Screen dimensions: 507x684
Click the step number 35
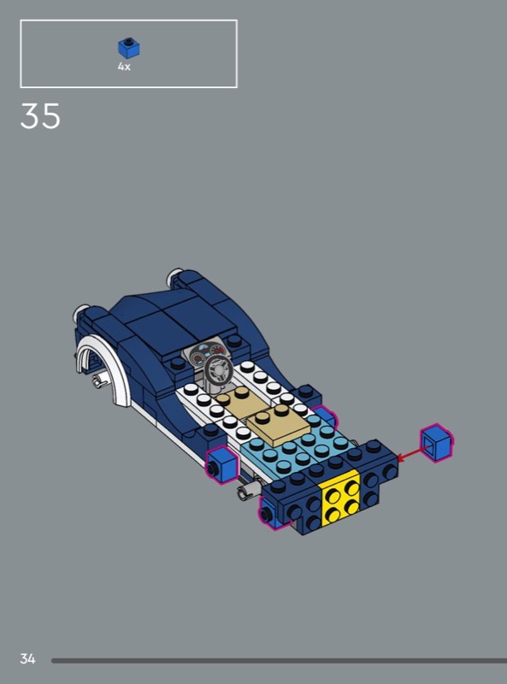point(40,116)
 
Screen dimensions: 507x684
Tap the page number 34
point(27,658)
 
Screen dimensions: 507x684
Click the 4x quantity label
point(124,67)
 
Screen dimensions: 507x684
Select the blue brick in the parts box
point(129,48)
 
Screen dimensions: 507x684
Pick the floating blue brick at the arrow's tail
point(436,443)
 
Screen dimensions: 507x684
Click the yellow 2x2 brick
point(340,498)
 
